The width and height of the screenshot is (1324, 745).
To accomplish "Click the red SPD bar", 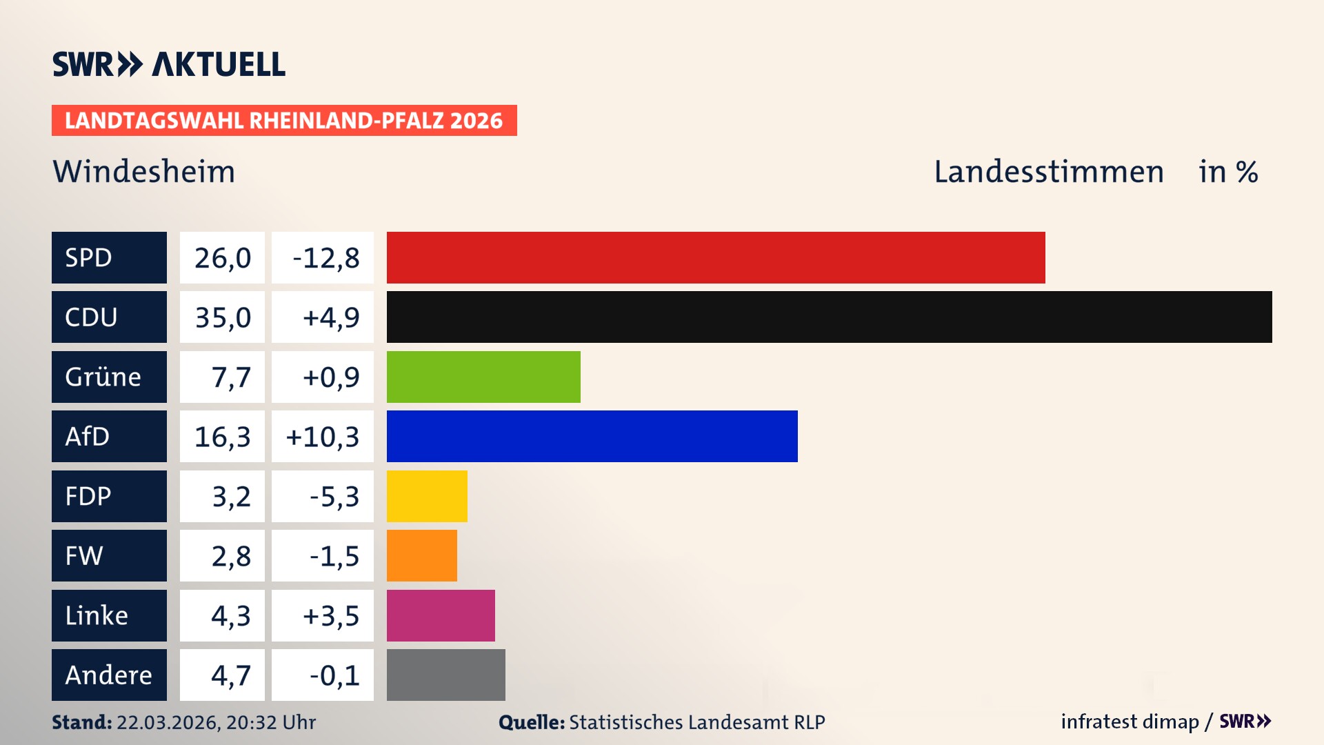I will (716, 257).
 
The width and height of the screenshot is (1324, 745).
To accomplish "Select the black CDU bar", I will (829, 317).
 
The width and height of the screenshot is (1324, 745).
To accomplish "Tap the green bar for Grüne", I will (483, 377).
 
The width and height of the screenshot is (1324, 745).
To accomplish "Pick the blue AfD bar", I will (592, 436).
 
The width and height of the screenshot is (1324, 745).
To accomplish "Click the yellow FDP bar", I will (427, 496).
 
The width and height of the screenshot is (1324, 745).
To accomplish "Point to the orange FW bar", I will (421, 555).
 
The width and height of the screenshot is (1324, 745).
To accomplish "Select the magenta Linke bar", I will (441, 615).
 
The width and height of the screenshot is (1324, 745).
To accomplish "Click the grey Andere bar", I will (445, 675).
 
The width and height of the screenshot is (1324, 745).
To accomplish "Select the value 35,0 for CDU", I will (222, 317).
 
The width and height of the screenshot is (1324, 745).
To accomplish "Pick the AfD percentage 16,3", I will (222, 436).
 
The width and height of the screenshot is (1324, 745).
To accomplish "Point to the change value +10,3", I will (323, 436).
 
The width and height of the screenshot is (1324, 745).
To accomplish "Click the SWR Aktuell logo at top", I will (168, 64).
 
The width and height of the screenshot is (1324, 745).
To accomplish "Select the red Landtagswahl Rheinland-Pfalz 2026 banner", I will (284, 120).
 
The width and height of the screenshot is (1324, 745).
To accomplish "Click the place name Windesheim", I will (144, 171).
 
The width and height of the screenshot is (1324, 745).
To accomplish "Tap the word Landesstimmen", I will (1048, 171).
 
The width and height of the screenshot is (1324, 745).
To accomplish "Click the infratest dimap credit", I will (1130, 722).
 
